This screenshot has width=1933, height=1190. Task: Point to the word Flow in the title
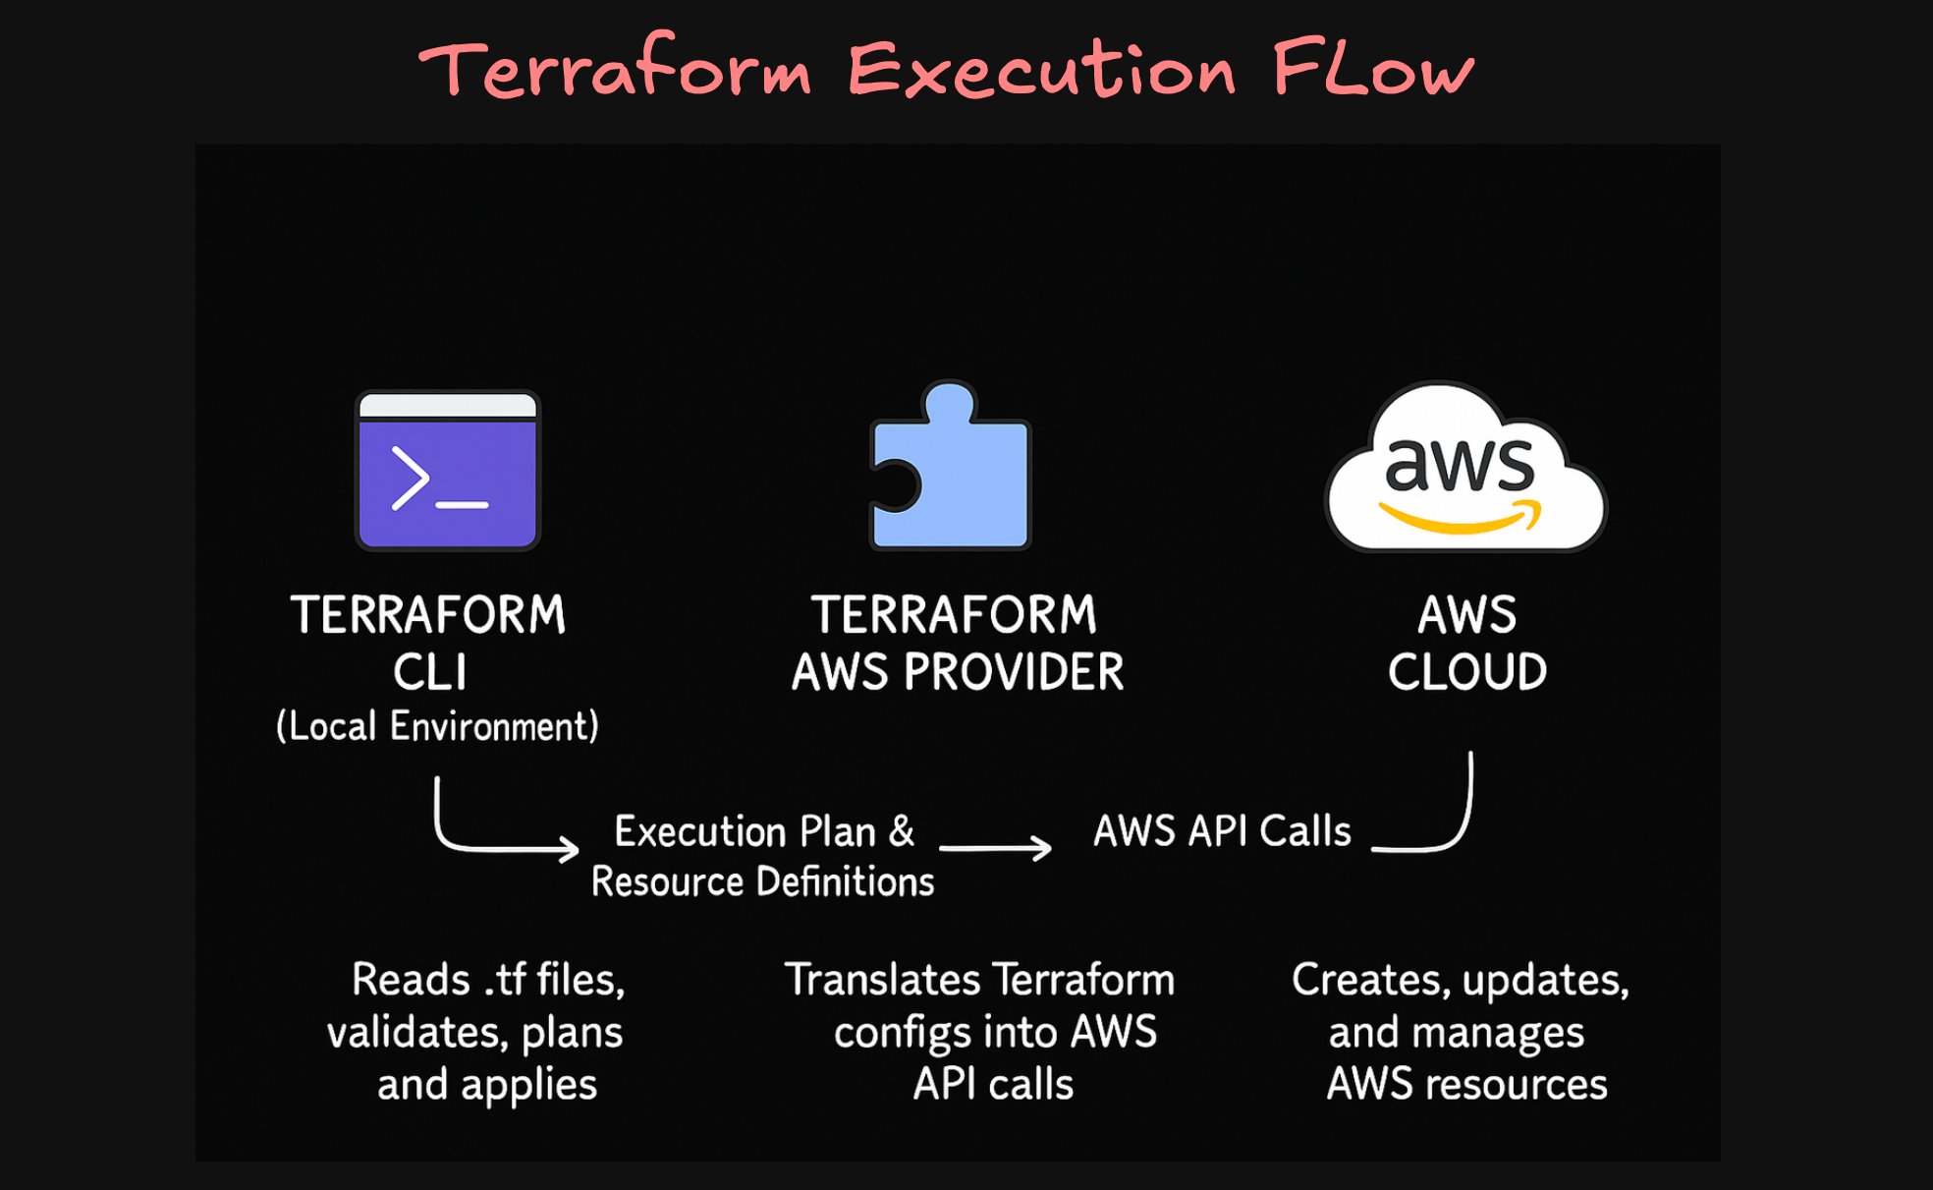click(x=1373, y=69)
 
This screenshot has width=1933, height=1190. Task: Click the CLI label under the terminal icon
click(x=429, y=673)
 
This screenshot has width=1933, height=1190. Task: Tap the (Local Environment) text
click(x=437, y=726)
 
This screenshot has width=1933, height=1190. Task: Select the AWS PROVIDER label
click(x=958, y=673)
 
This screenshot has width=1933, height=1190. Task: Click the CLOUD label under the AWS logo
click(x=1467, y=673)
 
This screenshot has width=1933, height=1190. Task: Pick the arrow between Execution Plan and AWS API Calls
click(x=995, y=847)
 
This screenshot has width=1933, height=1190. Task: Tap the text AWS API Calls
click(x=1222, y=831)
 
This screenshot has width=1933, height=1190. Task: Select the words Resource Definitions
click(x=762, y=881)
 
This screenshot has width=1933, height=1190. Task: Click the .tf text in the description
click(x=505, y=980)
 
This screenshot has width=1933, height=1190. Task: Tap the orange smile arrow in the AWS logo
click(x=1462, y=519)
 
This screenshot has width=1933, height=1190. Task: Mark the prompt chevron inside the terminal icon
click(x=410, y=479)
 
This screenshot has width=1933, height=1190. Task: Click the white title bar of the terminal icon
click(x=447, y=406)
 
